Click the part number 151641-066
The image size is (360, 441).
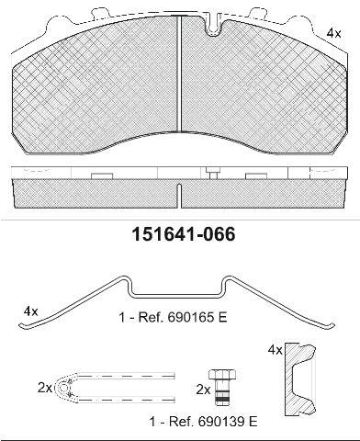(184, 235)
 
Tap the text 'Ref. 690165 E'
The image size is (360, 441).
(183, 318)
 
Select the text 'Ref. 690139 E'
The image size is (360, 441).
(213, 422)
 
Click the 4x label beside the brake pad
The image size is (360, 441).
(333, 33)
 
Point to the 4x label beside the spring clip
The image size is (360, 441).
(31, 311)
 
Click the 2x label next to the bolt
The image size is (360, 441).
(203, 390)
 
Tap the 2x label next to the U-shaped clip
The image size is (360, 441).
(45, 388)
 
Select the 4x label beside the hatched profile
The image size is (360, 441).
(275, 350)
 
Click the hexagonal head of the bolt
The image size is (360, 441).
(222, 375)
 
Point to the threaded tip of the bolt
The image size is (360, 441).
(222, 399)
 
